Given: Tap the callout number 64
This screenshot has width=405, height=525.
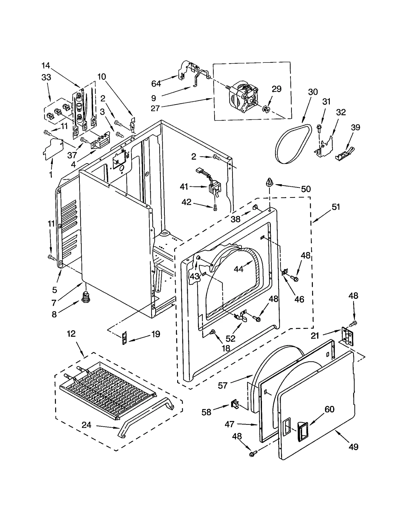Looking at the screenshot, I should pos(156,83).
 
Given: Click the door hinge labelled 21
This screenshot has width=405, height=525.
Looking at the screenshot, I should pos(347,336).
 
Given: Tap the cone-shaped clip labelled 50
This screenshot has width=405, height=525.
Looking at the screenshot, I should pos(270,182).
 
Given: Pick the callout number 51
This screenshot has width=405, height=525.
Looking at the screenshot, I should pos(336,207).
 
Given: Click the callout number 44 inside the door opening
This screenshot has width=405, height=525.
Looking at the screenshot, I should pos(238,269).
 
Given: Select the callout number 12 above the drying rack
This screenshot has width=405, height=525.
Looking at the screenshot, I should pos(71,334).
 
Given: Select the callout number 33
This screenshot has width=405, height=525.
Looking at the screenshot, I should pos(46,77).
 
